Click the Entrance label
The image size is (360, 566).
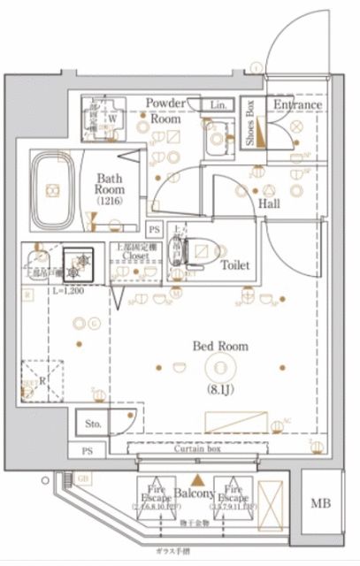coord(296,105)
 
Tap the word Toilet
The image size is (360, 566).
coord(236,265)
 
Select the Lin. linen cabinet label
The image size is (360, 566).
coord(218,105)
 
